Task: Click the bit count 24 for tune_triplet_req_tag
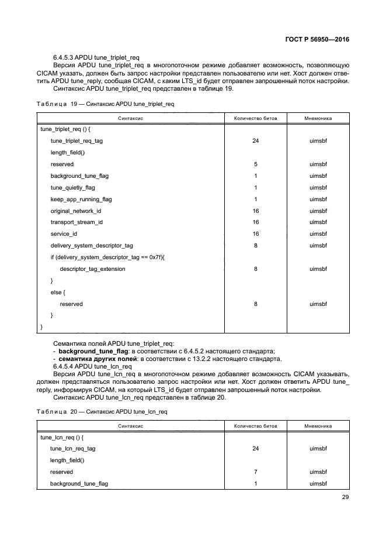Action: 256,141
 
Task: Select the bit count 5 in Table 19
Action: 256,164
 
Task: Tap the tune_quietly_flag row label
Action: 72,188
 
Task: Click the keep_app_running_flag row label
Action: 81,199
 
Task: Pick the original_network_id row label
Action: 76,211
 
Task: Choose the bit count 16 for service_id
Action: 256,234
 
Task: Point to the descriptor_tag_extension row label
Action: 92,269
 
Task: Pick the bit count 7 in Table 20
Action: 256,472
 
